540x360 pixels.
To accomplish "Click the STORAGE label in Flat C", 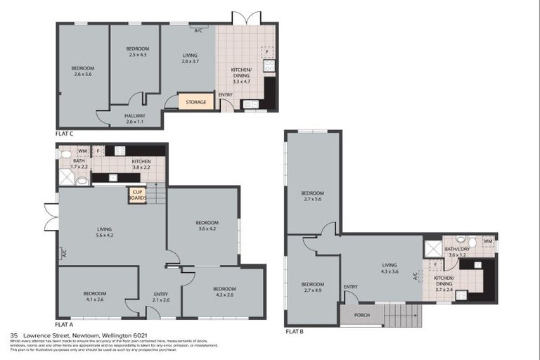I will [196, 102].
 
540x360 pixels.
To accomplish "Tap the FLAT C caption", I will [65, 133].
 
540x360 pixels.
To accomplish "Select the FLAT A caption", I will [63, 324].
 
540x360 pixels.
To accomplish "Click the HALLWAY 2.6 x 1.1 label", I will [134, 119].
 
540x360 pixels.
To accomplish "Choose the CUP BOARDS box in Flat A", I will [136, 195].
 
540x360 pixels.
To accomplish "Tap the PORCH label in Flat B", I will [362, 315].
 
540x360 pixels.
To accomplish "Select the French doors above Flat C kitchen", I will [247, 18].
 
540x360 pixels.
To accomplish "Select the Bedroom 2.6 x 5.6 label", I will [82, 71].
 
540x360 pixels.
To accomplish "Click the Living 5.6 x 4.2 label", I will [105, 232].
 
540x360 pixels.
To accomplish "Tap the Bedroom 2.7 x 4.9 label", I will [312, 287].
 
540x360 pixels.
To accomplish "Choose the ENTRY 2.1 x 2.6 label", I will [160, 297].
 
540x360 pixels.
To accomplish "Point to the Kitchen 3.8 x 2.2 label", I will [141, 165].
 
